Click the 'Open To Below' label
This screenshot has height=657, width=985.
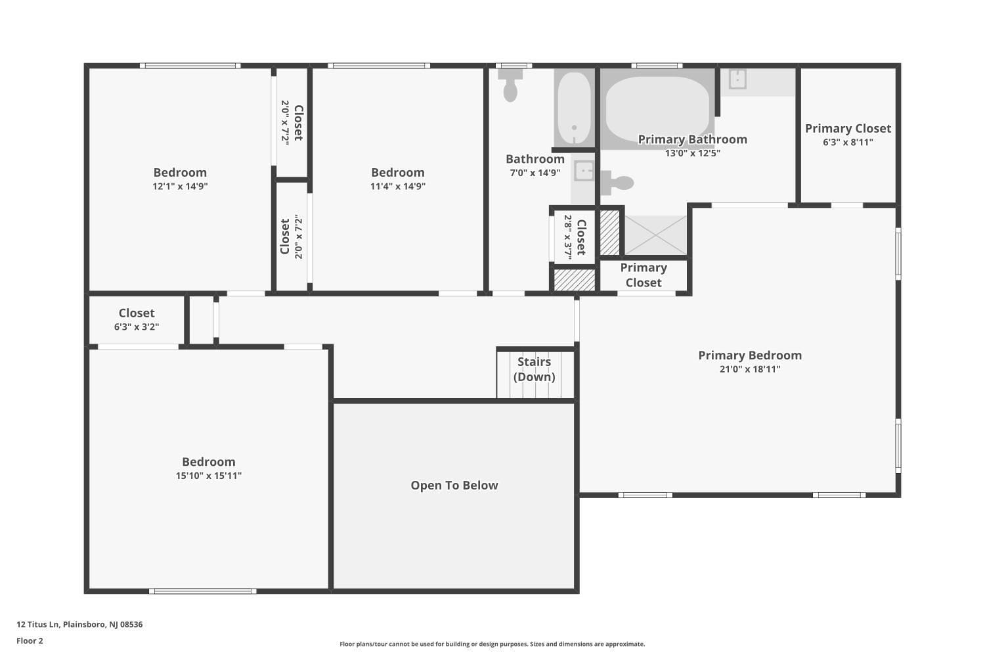[454, 486]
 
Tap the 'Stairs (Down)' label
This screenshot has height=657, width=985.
[535, 369]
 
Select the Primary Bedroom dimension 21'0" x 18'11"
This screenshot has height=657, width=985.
[750, 369]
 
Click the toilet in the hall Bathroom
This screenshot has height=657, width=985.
[510, 85]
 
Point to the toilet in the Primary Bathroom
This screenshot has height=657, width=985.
[617, 183]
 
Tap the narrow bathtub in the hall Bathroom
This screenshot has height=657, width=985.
[575, 108]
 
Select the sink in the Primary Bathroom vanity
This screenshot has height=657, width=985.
[737, 79]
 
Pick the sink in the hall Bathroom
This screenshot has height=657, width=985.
[584, 171]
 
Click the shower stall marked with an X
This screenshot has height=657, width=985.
[655, 235]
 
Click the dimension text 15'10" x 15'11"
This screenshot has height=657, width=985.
[209, 476]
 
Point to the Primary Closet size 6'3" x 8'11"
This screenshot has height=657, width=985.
[848, 142]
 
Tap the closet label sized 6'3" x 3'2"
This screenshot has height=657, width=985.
[137, 313]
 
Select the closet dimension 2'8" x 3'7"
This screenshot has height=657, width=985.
[568, 237]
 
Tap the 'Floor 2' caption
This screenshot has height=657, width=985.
[30, 641]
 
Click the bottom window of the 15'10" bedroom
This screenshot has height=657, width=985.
[203, 591]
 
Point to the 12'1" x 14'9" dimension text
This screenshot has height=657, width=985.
[181, 186]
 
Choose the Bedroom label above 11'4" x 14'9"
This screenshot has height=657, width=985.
[398, 173]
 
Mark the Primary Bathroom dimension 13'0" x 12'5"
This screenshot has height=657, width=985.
[693, 153]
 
